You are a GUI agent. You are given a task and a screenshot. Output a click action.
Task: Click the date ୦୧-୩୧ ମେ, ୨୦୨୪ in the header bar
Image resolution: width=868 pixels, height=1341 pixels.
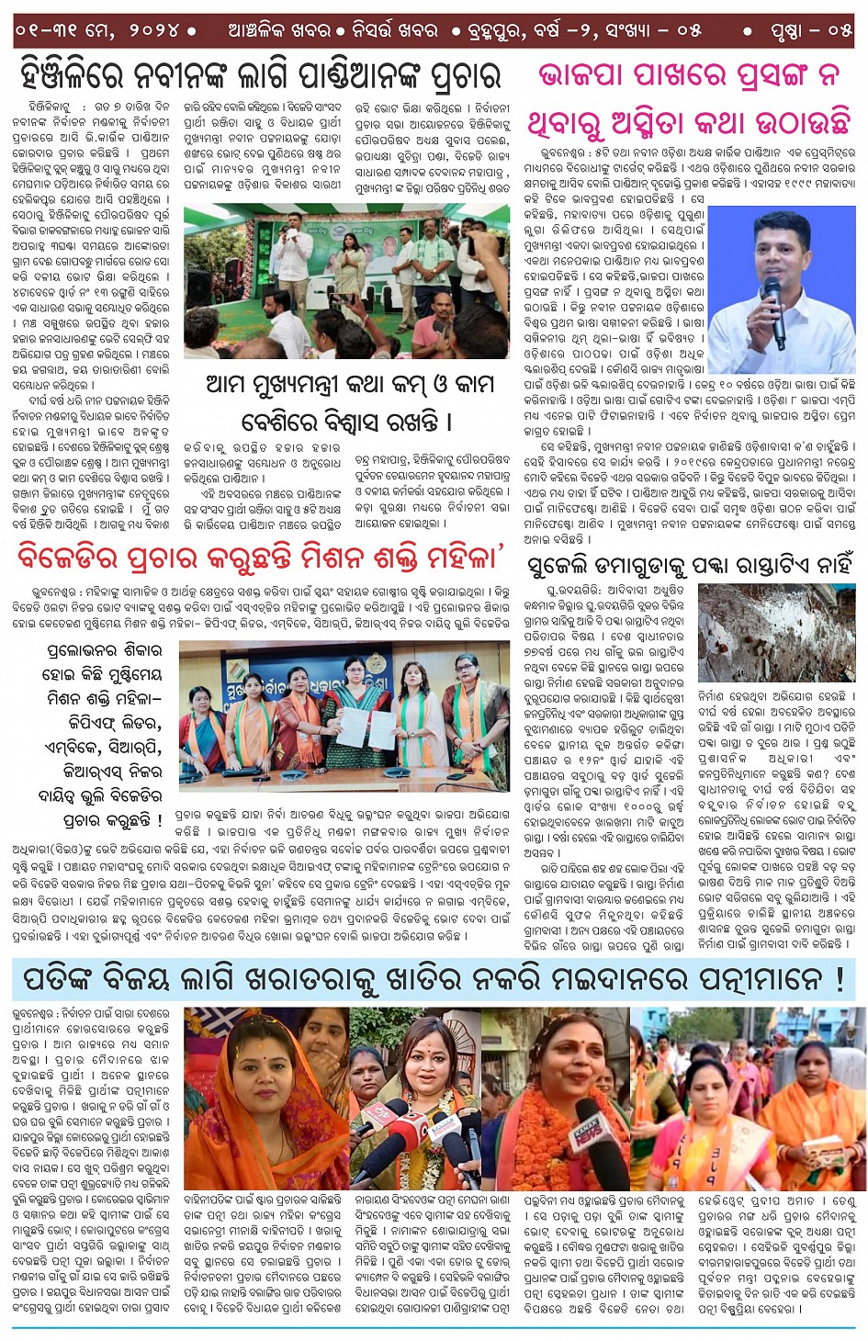pos(96,30)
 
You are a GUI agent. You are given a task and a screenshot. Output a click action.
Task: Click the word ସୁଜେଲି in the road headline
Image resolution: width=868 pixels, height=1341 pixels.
pos(560,566)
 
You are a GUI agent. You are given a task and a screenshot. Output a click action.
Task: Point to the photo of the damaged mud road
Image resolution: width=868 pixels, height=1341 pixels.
pos(776,633)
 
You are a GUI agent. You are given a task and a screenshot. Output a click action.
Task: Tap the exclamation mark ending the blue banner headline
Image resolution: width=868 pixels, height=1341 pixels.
pos(840,980)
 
